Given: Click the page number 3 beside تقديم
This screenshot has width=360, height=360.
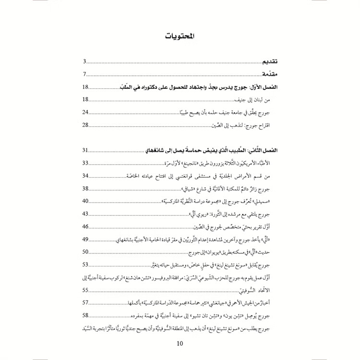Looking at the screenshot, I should (x=84, y=62).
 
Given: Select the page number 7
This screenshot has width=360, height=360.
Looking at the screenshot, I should (x=84, y=74).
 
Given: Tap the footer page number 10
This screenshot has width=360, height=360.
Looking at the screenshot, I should (x=180, y=343).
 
